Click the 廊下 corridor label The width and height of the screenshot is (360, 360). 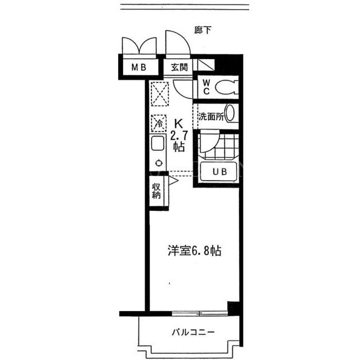pos(202,30)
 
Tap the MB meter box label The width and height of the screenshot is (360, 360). pos(139,67)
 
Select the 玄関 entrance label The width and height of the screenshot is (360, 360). pos(179,67)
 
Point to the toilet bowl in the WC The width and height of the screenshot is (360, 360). pos(227,87)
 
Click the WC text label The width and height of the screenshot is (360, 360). pos(206,87)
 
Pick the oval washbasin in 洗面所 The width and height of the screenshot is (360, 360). pos(230,113)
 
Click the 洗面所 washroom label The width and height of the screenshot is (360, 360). pos(211,116)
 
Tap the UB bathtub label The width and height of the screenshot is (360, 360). pos(220,172)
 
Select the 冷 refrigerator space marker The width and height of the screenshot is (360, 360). pos(159,123)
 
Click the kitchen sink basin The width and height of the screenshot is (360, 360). pos(157,143)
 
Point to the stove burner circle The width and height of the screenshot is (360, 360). pos(159,163)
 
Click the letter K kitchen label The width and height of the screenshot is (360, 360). pos(179,124)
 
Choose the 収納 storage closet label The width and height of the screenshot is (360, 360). pos(156,191)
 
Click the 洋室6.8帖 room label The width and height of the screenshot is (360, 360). pos(195,250)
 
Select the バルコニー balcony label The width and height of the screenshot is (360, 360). pos(193,332)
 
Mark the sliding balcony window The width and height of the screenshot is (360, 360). pos(200,313)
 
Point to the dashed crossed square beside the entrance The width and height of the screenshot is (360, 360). pos(160,94)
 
